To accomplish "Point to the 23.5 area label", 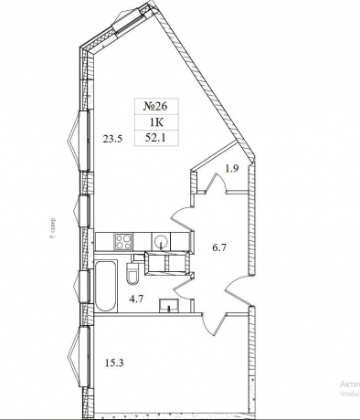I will click(x=112, y=139).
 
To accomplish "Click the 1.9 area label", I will click(x=232, y=169).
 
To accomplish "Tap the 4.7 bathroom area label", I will click(x=135, y=298).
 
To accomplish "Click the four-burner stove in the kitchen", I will click(x=122, y=241).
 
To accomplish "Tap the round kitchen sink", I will click(x=160, y=241).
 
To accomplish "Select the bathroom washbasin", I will click(x=167, y=306).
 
